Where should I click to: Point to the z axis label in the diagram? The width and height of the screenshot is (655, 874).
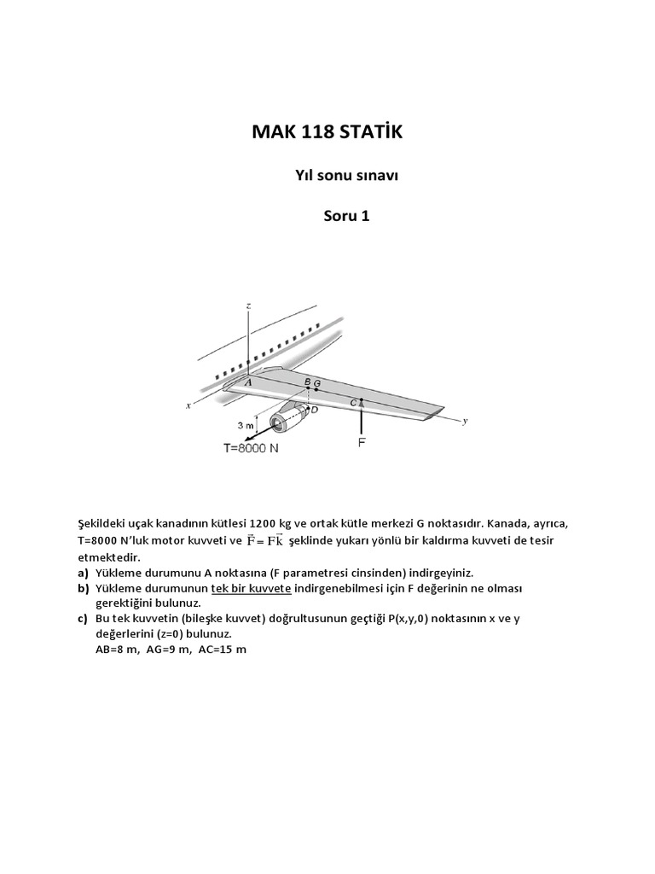(246, 305)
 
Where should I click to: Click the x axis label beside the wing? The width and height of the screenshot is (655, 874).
(188, 406)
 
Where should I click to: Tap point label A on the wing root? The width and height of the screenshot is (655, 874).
(248, 383)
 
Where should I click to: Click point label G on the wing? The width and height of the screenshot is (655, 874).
(317, 383)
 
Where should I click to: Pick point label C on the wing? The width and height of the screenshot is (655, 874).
(352, 401)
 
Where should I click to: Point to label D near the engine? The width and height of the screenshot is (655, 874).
(315, 410)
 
